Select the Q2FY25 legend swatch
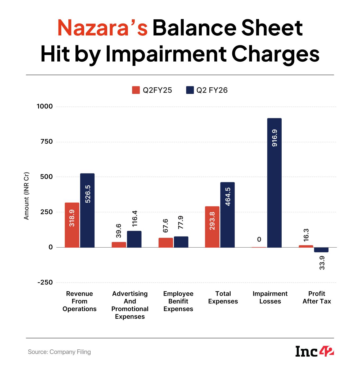pos(136,90)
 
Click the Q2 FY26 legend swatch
pos(190,90)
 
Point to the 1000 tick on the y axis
pos(45,107)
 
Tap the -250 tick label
pos(45,283)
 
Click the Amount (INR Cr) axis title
pos(26,196)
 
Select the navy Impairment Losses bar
pos(274,183)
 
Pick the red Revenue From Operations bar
pos(72,225)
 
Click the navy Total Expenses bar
pos(227,215)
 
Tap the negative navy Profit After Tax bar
pos(321,250)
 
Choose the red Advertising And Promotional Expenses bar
pos(119,245)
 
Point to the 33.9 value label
pos(322,263)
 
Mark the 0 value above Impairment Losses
pos(259,239)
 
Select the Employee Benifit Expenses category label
pos(178,301)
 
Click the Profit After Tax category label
pos(317,298)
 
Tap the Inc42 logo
pos(314,352)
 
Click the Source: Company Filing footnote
pos(59,352)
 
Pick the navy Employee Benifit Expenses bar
pos(181,242)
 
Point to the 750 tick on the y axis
pos(47,142)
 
